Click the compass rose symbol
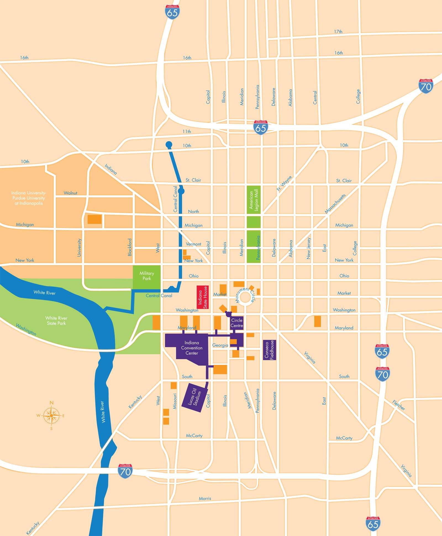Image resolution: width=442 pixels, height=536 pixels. click(x=51, y=415)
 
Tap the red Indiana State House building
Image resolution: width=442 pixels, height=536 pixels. click(x=202, y=297)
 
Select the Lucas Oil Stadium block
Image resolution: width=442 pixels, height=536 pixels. click(x=195, y=397)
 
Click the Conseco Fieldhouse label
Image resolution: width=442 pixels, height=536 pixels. click(x=269, y=350)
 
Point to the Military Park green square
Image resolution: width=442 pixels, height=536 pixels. click(x=147, y=277)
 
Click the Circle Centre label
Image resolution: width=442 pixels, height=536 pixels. click(x=237, y=323)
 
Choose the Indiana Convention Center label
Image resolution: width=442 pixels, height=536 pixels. click(x=192, y=348)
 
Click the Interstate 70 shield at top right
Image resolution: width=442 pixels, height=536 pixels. click(x=426, y=86)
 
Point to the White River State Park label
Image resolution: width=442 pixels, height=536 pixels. click(x=56, y=320)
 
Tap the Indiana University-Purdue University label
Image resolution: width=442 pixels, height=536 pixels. click(x=29, y=198)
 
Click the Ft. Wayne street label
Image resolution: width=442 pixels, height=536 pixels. click(x=284, y=184)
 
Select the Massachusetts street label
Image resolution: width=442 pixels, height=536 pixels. click(x=335, y=204)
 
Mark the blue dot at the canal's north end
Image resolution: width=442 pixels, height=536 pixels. click(x=169, y=144)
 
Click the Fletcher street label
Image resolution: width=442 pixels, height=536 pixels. click(x=399, y=405)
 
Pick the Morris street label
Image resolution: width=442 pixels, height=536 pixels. click(x=205, y=498)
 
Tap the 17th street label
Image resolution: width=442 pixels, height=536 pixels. click(x=338, y=31)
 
